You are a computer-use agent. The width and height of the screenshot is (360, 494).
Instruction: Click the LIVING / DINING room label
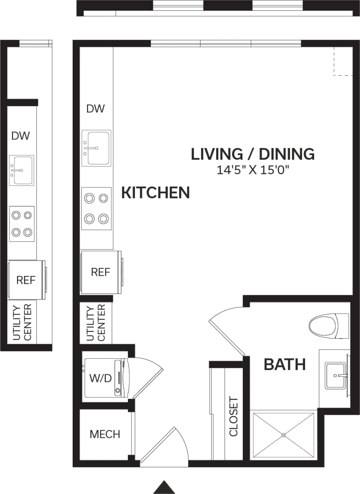[253, 154]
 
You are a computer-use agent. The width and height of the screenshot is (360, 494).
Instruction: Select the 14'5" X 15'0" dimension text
[253, 170]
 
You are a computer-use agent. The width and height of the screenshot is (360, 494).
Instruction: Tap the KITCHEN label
[155, 193]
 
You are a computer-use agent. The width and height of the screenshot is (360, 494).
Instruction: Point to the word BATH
[285, 365]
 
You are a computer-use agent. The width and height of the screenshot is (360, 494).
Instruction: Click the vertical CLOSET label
[234, 417]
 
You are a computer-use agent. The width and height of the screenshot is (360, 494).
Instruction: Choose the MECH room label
[105, 434]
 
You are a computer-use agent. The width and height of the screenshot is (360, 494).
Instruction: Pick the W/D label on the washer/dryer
[100, 378]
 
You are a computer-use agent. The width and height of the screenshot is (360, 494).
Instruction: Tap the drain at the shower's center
[283, 435]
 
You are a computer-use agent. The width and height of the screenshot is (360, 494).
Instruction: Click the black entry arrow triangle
[164, 488]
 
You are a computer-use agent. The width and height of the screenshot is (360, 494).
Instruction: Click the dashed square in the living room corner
[343, 61]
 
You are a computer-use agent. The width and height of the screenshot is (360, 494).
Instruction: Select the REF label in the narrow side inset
[26, 280]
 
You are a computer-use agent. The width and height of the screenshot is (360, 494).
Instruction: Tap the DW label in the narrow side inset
[21, 136]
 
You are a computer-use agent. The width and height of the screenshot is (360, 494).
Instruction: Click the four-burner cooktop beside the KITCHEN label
[96, 208]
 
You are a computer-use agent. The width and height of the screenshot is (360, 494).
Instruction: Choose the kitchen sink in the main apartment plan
[97, 148]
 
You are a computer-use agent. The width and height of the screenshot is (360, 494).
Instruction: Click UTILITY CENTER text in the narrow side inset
[22, 322]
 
